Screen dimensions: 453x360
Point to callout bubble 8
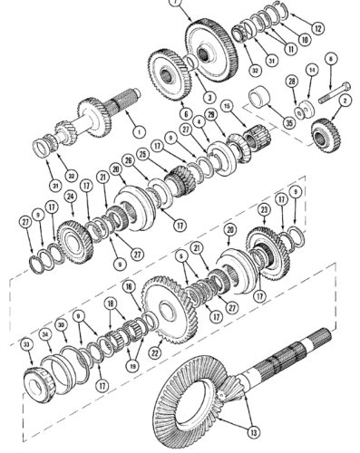pyautogui.click(x=330, y=61)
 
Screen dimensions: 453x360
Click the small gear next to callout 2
pyautogui.click(x=322, y=133)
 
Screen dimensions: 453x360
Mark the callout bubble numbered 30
pyautogui.click(x=62, y=323)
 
